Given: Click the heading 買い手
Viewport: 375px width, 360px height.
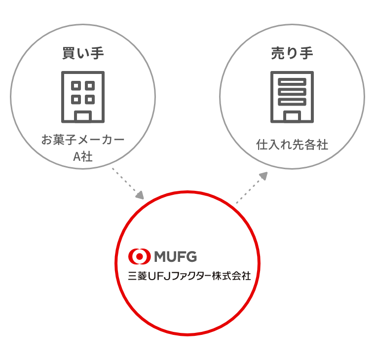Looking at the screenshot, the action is (83, 53).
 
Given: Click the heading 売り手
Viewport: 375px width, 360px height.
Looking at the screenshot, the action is (292, 53).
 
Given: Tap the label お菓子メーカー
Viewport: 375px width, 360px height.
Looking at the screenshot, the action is (83, 140).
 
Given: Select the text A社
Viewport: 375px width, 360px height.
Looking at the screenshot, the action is (83, 157).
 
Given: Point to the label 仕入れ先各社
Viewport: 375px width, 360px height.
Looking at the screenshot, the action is (292, 144).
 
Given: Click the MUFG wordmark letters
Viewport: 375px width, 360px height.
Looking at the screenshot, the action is (176, 257).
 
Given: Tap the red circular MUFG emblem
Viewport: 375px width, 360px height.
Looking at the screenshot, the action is (140, 256).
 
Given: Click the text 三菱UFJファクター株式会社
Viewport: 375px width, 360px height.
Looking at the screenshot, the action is (189, 276).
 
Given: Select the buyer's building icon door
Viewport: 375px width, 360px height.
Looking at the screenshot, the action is (83, 116).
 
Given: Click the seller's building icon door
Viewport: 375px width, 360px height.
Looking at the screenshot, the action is (292, 116).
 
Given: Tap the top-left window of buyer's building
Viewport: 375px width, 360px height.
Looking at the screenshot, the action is (76, 86).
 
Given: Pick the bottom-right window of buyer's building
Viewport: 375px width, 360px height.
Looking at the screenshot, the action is (90, 100).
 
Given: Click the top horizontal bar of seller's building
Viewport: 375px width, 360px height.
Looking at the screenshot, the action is (292, 82).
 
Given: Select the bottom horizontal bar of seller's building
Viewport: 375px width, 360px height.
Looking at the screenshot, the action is (292, 102).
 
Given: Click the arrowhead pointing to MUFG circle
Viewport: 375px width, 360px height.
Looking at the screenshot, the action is (140, 195).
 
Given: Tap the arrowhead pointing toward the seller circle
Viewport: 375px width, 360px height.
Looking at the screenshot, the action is (263, 176).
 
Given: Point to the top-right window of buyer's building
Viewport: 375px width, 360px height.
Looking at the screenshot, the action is (90, 86).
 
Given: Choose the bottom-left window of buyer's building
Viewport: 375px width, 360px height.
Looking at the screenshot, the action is (76, 100).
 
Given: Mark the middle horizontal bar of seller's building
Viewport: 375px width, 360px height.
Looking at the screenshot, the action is (292, 92).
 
